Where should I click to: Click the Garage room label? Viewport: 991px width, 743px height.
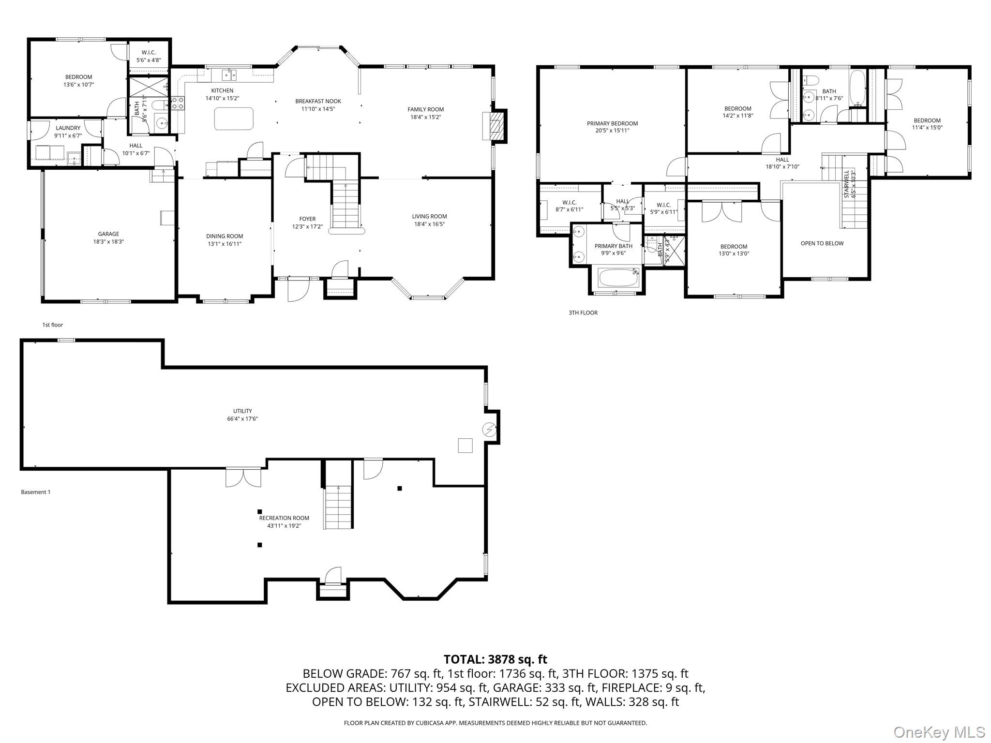pos(108,234)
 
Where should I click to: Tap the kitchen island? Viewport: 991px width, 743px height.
pos(234,119)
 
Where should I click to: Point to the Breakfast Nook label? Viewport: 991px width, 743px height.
pos(318,101)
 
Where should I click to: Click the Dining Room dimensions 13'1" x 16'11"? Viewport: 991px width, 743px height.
pos(225,244)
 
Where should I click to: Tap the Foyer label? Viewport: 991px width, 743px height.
pos(307,219)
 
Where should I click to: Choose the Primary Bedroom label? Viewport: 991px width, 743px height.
pos(613,123)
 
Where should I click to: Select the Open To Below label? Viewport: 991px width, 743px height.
pos(822,243)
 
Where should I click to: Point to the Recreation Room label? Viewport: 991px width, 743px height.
pos(284,518)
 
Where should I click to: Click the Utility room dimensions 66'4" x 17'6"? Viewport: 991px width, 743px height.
pos(242,419)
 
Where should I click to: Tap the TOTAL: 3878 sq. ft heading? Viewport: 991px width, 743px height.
pos(495,659)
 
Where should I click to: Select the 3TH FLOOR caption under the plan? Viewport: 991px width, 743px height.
pos(583,313)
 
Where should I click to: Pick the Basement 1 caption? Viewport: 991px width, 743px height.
pos(36,492)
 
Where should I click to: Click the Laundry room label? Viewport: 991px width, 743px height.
pos(68,128)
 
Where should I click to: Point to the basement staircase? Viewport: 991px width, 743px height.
pos(338,507)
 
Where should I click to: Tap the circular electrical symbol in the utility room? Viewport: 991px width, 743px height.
pos(489,429)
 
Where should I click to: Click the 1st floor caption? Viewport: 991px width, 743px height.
pos(53,325)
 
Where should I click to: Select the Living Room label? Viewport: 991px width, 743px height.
pos(429,216)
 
